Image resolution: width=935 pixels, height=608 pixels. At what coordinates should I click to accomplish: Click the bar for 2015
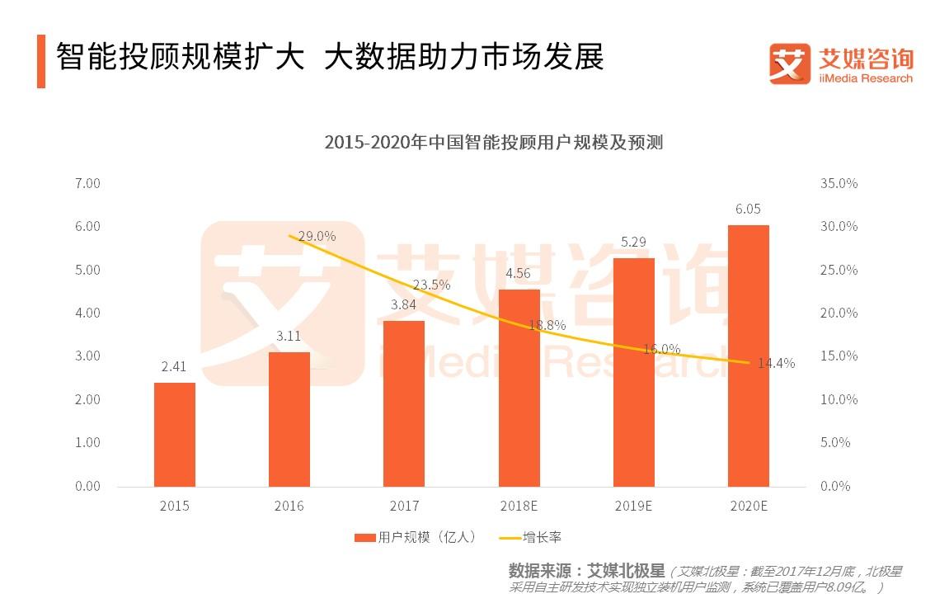point(175,434)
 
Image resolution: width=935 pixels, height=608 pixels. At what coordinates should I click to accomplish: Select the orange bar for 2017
point(404,403)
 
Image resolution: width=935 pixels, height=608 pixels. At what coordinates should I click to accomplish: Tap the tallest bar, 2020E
point(748,355)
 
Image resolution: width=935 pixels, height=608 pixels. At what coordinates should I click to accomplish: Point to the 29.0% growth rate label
point(317,236)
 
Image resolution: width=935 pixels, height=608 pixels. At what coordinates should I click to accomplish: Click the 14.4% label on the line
point(778,363)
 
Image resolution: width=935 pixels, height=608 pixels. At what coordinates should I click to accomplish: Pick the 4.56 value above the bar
point(519,274)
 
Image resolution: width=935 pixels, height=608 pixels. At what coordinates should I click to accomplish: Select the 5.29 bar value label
point(633,243)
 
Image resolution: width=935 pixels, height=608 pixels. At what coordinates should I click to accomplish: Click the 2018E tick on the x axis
point(519,506)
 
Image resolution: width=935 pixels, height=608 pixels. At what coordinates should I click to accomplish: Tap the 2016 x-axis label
point(289,506)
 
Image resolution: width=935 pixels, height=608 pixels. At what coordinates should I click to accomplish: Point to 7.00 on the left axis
point(87,183)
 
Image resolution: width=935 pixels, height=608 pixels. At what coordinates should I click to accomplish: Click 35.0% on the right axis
point(839,183)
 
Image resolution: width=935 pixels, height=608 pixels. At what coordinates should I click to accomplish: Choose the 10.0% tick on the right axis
point(839,399)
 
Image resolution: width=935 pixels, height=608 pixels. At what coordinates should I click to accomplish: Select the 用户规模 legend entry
point(416,537)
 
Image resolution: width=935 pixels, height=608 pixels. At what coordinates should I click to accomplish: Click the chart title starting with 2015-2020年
point(493,143)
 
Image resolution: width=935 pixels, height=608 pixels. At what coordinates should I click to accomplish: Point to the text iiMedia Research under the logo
point(865,78)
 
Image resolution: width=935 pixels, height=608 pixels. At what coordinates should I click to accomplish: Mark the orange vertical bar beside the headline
point(41,61)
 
